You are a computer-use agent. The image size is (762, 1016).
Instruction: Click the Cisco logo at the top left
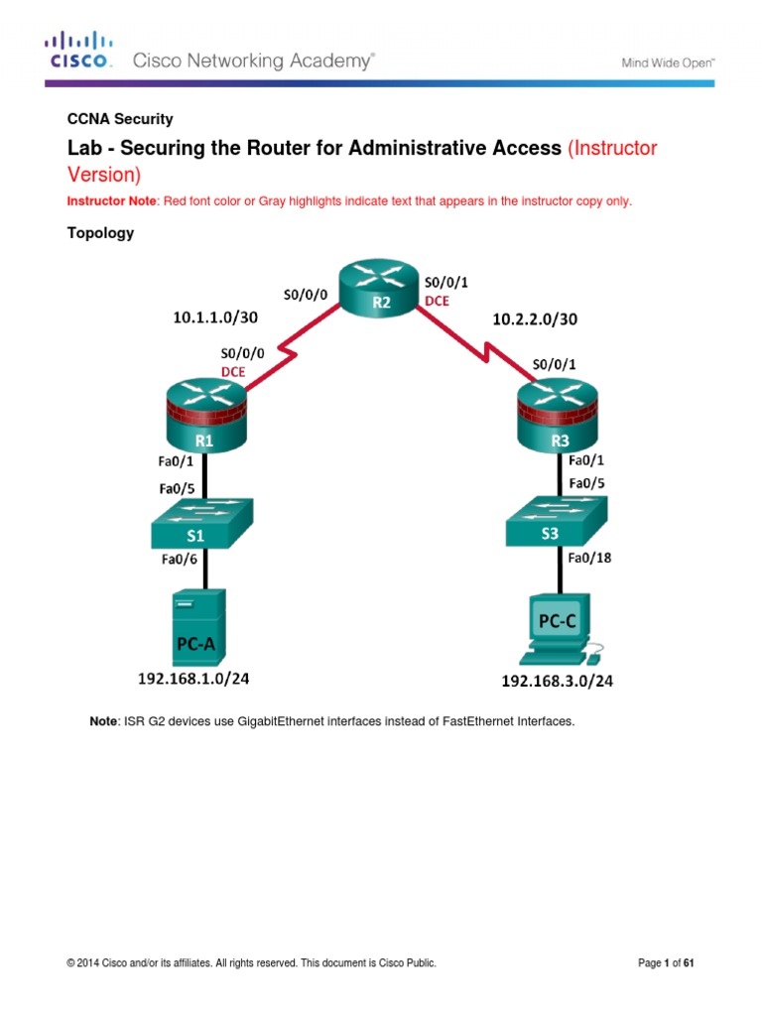point(77,51)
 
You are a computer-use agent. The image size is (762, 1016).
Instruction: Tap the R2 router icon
point(380,290)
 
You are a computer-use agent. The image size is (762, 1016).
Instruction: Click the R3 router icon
point(557,417)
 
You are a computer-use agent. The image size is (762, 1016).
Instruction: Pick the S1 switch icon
point(202,524)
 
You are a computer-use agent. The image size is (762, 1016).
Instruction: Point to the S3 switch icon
point(557,523)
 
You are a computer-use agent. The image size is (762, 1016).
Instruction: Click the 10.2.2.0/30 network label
point(535,319)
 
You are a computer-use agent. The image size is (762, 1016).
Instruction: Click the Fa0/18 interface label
point(588,558)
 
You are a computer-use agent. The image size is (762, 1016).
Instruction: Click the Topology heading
point(100,234)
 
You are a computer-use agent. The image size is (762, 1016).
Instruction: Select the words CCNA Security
point(119,119)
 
